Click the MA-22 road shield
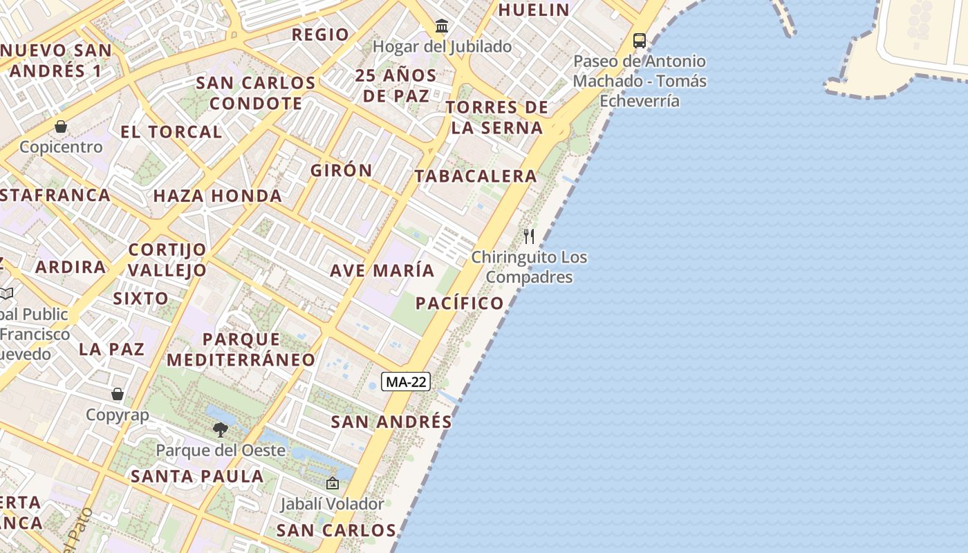(x=406, y=382)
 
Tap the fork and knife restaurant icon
(x=529, y=236)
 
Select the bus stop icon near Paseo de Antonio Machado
(x=640, y=41)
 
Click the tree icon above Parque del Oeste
(x=221, y=430)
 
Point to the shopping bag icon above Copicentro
(x=61, y=126)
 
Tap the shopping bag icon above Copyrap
(x=118, y=394)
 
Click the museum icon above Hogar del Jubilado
(x=442, y=27)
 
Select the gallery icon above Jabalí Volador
(x=332, y=483)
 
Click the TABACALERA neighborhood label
(x=476, y=176)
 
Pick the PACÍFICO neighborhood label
(x=460, y=303)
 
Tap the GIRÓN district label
(x=342, y=170)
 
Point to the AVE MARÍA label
(x=382, y=270)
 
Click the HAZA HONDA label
(x=218, y=196)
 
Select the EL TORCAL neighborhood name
(x=171, y=132)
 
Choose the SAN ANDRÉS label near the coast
(x=391, y=422)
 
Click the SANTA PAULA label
(x=197, y=476)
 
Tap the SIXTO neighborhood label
(x=140, y=299)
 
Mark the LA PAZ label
(x=112, y=349)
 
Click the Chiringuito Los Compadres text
(x=529, y=267)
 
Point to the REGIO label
(x=320, y=35)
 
